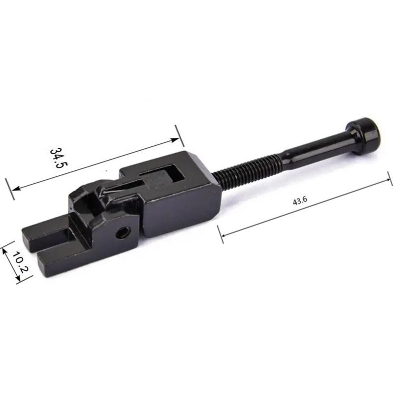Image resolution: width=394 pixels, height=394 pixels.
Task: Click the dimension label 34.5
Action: [x=59, y=158]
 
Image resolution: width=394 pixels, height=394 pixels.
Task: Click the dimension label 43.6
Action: [x=300, y=201]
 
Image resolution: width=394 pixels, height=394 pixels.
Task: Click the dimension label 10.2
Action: [x=20, y=263]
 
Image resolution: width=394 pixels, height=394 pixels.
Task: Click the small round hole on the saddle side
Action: [x=123, y=232]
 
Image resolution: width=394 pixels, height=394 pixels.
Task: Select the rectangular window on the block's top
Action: [x=162, y=177]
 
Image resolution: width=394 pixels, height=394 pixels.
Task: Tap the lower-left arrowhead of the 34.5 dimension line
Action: [x=16, y=188]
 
